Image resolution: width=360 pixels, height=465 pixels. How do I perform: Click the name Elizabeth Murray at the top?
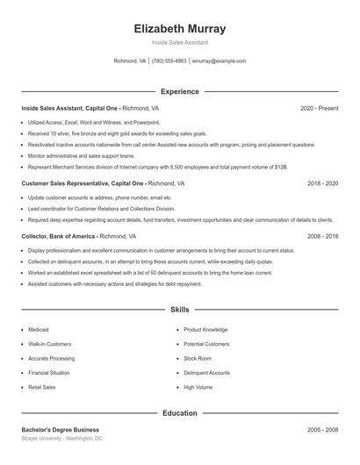click(x=180, y=28)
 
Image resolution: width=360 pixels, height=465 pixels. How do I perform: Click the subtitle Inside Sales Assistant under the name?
click(x=180, y=42)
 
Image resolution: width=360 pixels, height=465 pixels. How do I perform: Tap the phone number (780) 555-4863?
click(x=169, y=61)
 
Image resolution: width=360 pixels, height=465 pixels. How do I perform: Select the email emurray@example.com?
click(x=219, y=61)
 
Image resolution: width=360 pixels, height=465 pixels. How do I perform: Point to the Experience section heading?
click(x=180, y=91)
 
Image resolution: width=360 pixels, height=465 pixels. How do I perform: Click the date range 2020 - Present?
click(x=319, y=108)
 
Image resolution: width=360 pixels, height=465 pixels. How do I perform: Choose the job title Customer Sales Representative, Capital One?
click(x=83, y=184)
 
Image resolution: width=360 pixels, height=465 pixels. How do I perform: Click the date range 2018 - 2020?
click(x=322, y=184)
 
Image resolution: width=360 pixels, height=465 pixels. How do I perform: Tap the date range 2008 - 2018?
click(x=322, y=236)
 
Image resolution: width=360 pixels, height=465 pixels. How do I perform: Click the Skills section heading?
click(x=180, y=310)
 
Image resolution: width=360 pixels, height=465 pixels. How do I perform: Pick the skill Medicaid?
click(x=40, y=330)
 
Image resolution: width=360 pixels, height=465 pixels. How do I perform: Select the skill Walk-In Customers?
click(x=49, y=344)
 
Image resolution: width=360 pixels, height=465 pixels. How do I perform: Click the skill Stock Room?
click(x=198, y=358)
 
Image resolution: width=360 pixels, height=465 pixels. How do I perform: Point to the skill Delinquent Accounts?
click(x=207, y=372)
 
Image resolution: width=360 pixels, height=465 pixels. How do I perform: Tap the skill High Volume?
click(x=198, y=386)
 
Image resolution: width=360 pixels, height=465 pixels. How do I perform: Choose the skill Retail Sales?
click(x=41, y=386)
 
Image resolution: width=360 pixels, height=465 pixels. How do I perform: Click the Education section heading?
click(x=180, y=412)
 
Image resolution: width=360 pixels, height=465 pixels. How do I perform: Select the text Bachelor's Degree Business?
click(x=61, y=429)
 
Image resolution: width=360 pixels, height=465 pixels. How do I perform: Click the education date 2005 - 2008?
click(x=322, y=429)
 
